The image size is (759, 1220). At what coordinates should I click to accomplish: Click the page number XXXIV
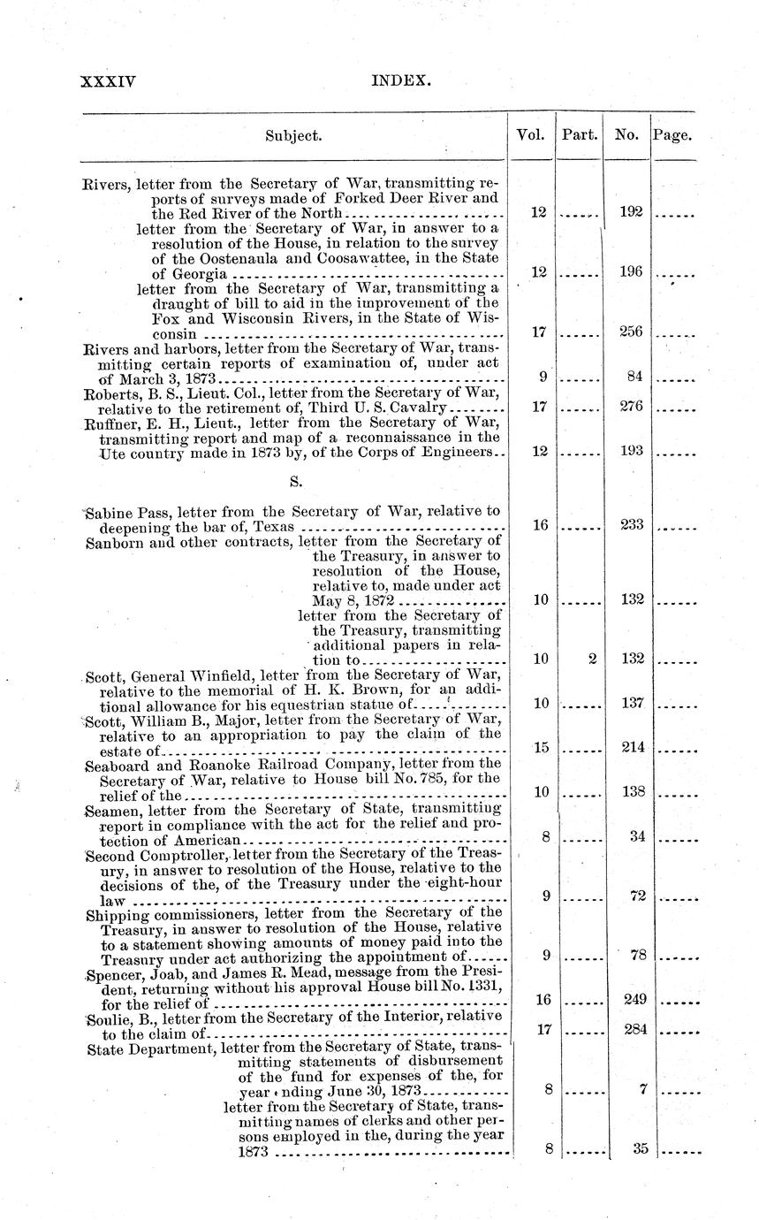click(108, 81)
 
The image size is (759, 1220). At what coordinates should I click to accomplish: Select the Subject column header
click(293, 136)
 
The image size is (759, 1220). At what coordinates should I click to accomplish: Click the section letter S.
click(294, 482)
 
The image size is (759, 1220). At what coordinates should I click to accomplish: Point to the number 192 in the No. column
click(630, 212)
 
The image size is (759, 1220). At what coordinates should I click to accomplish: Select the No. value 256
click(630, 332)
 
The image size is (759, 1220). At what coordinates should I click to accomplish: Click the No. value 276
click(630, 407)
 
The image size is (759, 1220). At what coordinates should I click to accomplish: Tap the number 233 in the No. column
click(630, 525)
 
